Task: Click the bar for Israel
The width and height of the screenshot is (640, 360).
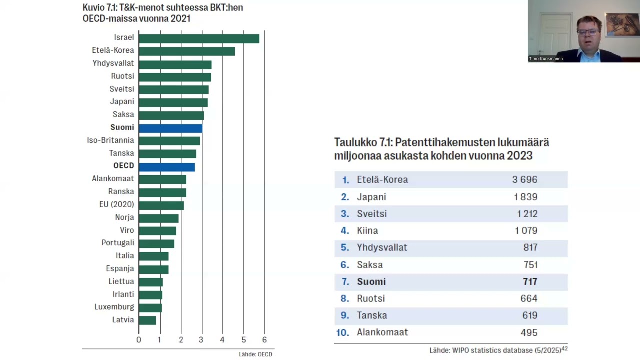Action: coord(199,38)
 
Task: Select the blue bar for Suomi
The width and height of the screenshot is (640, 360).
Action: coord(170,128)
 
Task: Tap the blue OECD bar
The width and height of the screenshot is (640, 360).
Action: coord(167,166)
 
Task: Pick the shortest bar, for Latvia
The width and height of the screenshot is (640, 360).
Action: coord(147,320)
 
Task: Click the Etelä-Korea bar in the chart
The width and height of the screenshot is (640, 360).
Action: coord(187,51)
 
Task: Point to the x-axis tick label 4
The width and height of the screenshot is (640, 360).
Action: coord(222,340)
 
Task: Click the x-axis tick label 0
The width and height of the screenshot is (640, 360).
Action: coord(139,340)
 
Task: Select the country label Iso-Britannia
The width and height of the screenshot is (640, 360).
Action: coord(110,140)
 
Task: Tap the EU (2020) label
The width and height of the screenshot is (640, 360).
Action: coord(116,204)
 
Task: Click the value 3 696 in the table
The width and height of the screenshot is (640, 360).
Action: coord(524,180)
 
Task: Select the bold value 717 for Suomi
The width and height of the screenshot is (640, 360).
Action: coord(530,282)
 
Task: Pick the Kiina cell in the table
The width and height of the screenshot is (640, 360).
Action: coord(367,231)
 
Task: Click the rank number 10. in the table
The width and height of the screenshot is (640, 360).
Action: coord(342,332)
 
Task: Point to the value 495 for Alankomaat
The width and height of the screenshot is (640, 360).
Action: coord(528,332)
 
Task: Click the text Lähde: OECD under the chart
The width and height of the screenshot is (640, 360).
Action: coord(255,354)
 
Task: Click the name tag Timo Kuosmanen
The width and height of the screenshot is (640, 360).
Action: coord(546,59)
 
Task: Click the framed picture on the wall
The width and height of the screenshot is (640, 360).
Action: coord(622,25)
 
